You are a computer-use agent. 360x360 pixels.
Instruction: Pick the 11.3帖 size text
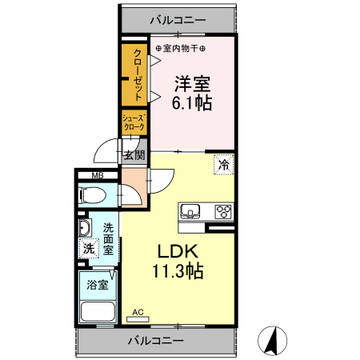(178, 271)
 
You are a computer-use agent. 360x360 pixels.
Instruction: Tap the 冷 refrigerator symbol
(224, 166)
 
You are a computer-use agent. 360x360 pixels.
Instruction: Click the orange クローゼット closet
(135, 75)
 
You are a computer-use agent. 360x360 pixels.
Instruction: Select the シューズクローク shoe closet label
(133, 122)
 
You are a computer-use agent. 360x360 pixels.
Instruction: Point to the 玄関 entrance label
(133, 154)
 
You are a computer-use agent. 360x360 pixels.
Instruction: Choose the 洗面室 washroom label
(110, 238)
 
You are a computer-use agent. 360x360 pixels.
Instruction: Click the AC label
(137, 312)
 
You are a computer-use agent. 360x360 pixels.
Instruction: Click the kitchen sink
(190, 211)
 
